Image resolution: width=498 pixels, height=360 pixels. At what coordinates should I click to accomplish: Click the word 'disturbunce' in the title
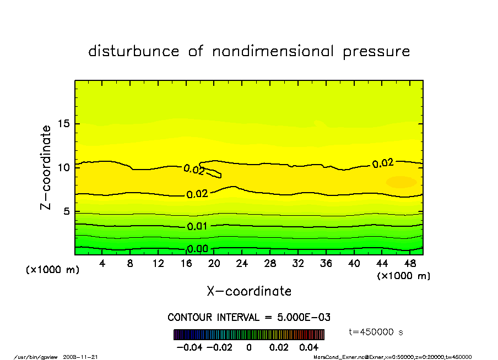click(x=134, y=52)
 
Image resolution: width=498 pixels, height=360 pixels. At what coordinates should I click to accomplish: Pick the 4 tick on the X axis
click(x=102, y=264)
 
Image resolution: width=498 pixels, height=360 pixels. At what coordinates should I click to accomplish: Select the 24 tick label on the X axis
click(x=242, y=264)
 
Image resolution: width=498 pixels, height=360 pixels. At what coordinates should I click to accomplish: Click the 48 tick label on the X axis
click(x=409, y=264)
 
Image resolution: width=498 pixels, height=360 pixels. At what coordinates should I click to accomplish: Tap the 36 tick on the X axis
click(x=326, y=264)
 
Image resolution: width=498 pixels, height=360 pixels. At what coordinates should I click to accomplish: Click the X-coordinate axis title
click(x=249, y=291)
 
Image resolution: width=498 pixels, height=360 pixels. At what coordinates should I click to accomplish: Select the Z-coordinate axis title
click(x=46, y=167)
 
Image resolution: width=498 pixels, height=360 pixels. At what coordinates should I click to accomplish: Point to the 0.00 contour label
click(x=197, y=249)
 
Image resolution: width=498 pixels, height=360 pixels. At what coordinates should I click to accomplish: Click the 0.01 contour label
click(x=197, y=226)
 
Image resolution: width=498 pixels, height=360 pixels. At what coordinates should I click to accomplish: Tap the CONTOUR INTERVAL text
click(x=248, y=318)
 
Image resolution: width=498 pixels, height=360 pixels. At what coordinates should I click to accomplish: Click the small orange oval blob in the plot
click(x=401, y=182)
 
